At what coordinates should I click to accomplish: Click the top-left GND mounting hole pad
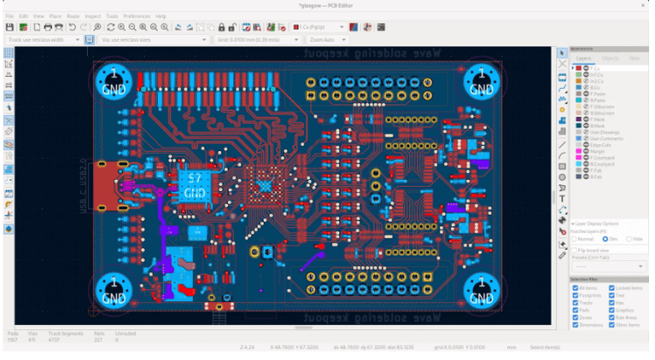click(113, 81)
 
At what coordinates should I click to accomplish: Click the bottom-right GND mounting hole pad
click(481, 292)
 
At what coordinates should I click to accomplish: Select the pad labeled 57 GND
click(194, 184)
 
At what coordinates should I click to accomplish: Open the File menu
click(9, 16)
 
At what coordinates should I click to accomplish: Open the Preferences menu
click(136, 16)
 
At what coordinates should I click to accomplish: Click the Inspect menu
click(92, 16)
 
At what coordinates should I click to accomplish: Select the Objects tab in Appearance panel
click(610, 58)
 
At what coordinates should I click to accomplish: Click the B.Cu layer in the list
click(592, 87)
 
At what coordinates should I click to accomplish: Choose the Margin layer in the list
click(594, 150)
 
